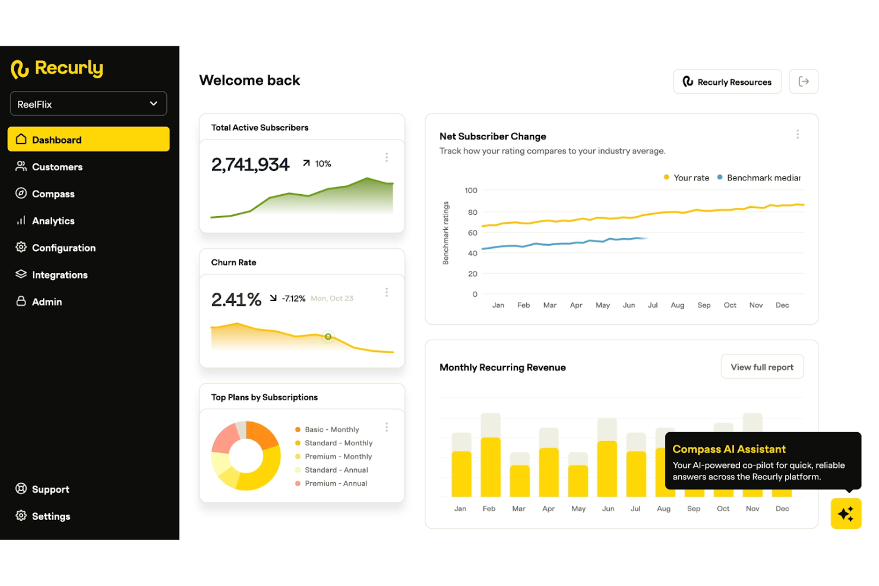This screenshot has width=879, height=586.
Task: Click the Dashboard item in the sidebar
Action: pyautogui.click(x=88, y=140)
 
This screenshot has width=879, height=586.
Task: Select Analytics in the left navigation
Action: pyautogui.click(x=53, y=221)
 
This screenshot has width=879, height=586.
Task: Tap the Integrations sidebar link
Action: pyautogui.click(x=59, y=275)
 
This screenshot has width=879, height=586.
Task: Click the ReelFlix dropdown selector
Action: pyautogui.click(x=88, y=104)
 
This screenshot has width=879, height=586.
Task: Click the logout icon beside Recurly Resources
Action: pyautogui.click(x=803, y=82)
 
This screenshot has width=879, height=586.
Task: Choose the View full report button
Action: pyautogui.click(x=761, y=367)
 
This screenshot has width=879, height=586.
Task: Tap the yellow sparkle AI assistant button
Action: pyautogui.click(x=845, y=513)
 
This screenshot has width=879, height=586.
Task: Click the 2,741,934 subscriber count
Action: pyautogui.click(x=250, y=164)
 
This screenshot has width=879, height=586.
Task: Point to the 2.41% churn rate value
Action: pyautogui.click(x=236, y=299)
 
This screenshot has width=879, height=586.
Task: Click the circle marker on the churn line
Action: pyautogui.click(x=328, y=337)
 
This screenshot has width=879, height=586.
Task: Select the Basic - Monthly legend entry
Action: pyautogui.click(x=331, y=429)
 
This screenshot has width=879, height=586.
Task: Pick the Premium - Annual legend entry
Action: pyautogui.click(x=336, y=483)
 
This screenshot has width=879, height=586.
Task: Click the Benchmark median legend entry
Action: pyautogui.click(x=763, y=178)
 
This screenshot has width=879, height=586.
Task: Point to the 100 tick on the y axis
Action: pyautogui.click(x=470, y=191)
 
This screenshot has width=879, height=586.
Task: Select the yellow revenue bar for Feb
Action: pyautogui.click(x=490, y=467)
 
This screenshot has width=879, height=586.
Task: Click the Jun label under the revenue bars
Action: pyautogui.click(x=608, y=509)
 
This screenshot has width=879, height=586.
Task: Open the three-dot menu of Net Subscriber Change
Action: pyautogui.click(x=797, y=135)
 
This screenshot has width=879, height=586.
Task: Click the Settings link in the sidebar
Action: pyautogui.click(x=50, y=517)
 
